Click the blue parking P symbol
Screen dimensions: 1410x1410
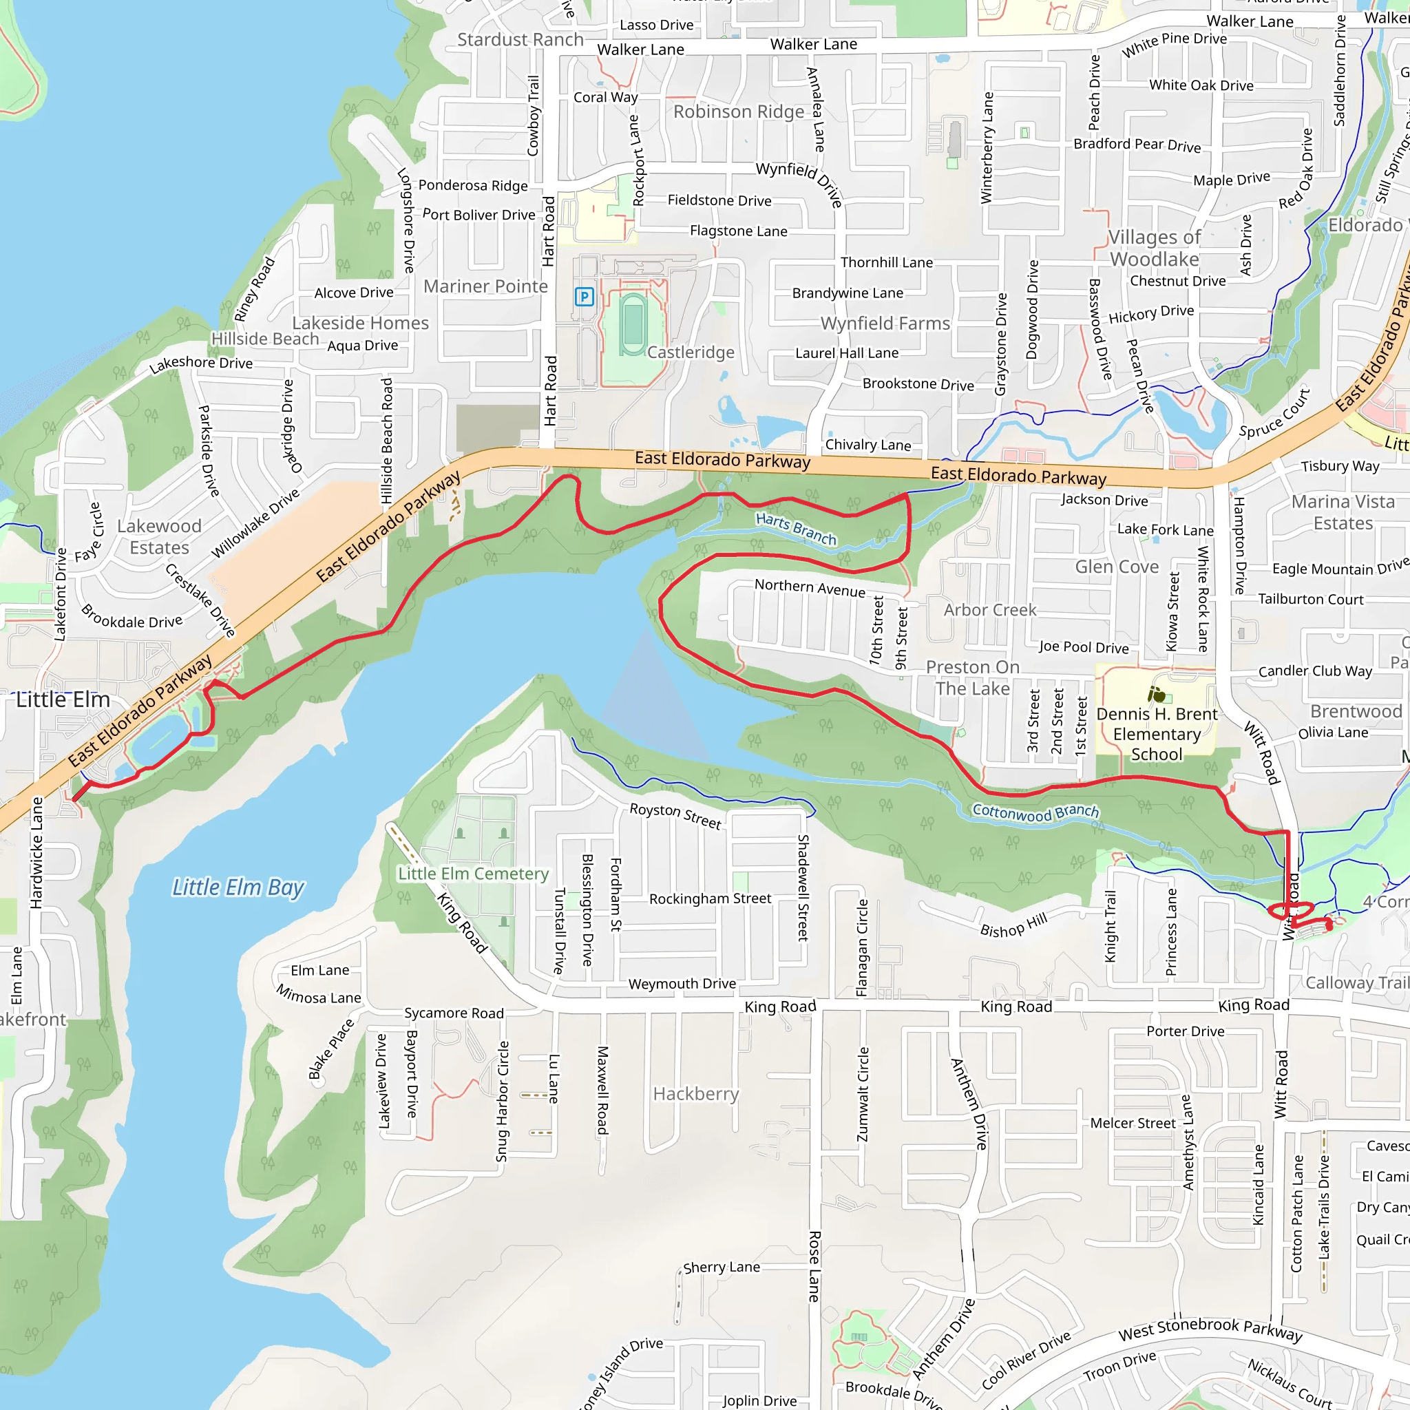pyautogui.click(x=584, y=297)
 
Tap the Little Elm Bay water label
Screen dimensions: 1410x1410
pyautogui.click(x=238, y=887)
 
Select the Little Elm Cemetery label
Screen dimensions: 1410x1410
pyautogui.click(x=473, y=874)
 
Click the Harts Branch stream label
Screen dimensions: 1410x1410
pyautogui.click(x=795, y=528)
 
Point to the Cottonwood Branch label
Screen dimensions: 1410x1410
pyautogui.click(x=1035, y=812)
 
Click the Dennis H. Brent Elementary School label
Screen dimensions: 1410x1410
pyautogui.click(x=1157, y=734)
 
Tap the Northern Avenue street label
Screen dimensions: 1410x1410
pyautogui.click(x=810, y=587)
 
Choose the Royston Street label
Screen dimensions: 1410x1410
pyautogui.click(x=675, y=815)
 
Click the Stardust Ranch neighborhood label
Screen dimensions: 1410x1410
pyautogui.click(x=520, y=39)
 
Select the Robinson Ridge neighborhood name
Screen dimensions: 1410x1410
pyautogui.click(x=739, y=112)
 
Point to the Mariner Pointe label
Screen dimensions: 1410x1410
pyautogui.click(x=485, y=286)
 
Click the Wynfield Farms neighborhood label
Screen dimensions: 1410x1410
pyautogui.click(x=885, y=324)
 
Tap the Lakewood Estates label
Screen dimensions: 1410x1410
pyautogui.click(x=159, y=536)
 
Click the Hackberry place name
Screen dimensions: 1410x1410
pyautogui.click(x=696, y=1093)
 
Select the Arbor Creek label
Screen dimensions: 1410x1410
pyautogui.click(x=989, y=609)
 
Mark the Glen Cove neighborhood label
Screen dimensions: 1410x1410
pyautogui.click(x=1117, y=567)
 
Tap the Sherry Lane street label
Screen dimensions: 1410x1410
pyautogui.click(x=721, y=1267)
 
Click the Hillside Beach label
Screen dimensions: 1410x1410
pyautogui.click(x=265, y=339)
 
